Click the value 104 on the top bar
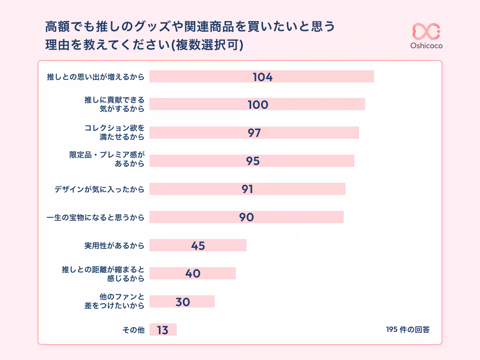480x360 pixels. click(x=262, y=77)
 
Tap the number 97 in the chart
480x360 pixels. click(x=254, y=133)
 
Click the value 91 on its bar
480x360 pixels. click(x=247, y=189)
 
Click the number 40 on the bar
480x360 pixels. click(x=193, y=273)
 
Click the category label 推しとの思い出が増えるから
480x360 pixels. click(x=95, y=77)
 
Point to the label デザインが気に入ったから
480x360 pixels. click(x=99, y=189)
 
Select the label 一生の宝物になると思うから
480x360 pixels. click(x=95, y=217)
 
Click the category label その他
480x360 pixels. click(x=133, y=330)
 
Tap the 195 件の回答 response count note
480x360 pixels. click(x=408, y=329)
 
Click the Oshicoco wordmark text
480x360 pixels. click(x=426, y=46)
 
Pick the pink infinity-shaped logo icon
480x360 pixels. click(x=426, y=31)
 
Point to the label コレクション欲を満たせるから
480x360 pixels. click(x=114, y=132)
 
